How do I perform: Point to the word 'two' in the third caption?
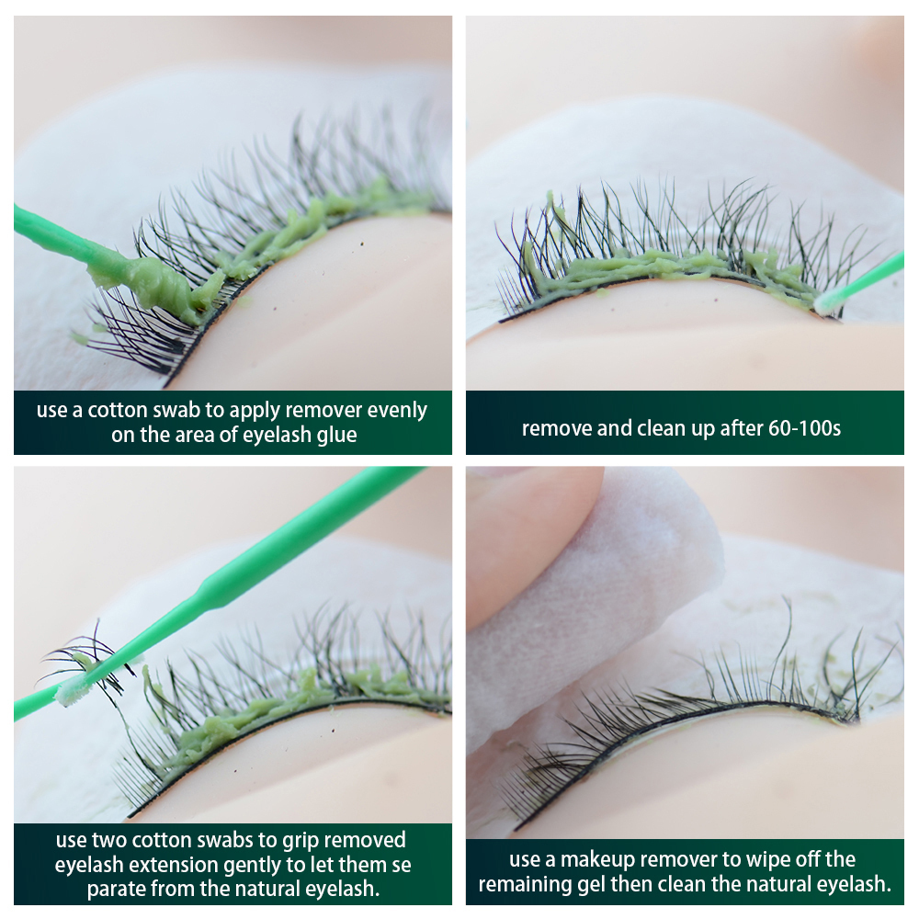(108, 840)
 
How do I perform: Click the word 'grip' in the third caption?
(301, 841)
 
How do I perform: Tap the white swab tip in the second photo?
(826, 303)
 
